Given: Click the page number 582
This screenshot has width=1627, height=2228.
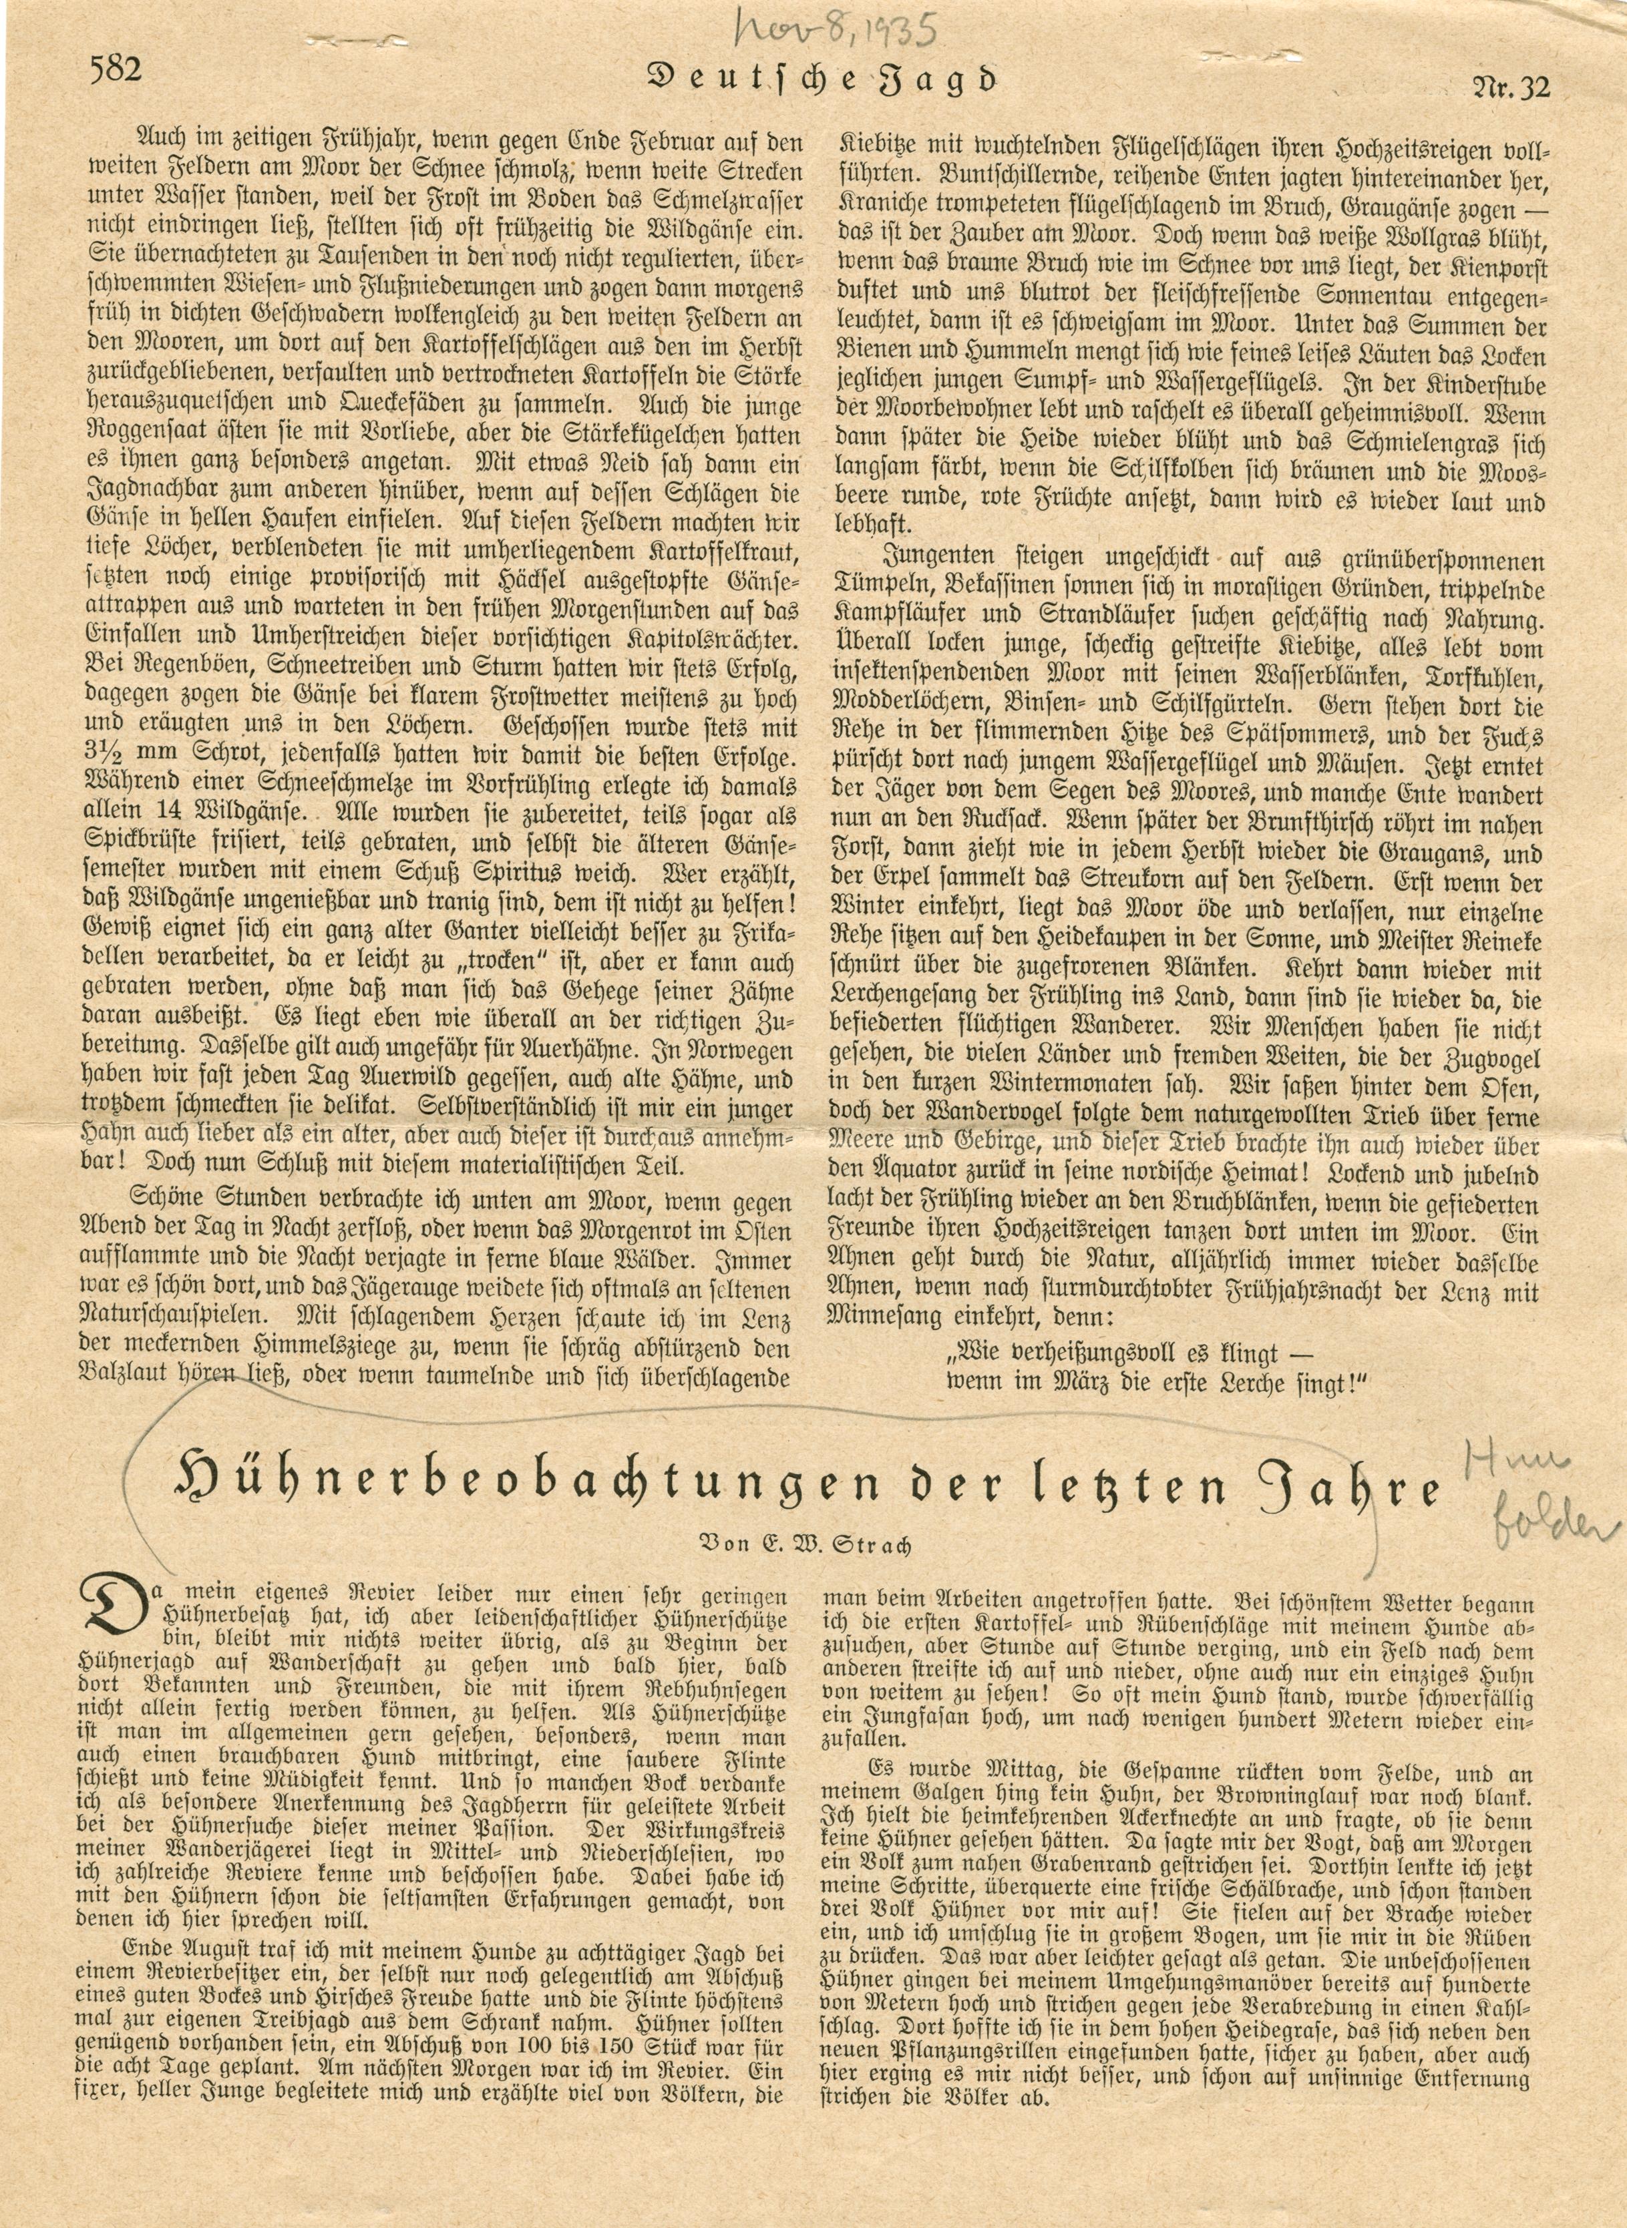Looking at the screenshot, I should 116,70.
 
